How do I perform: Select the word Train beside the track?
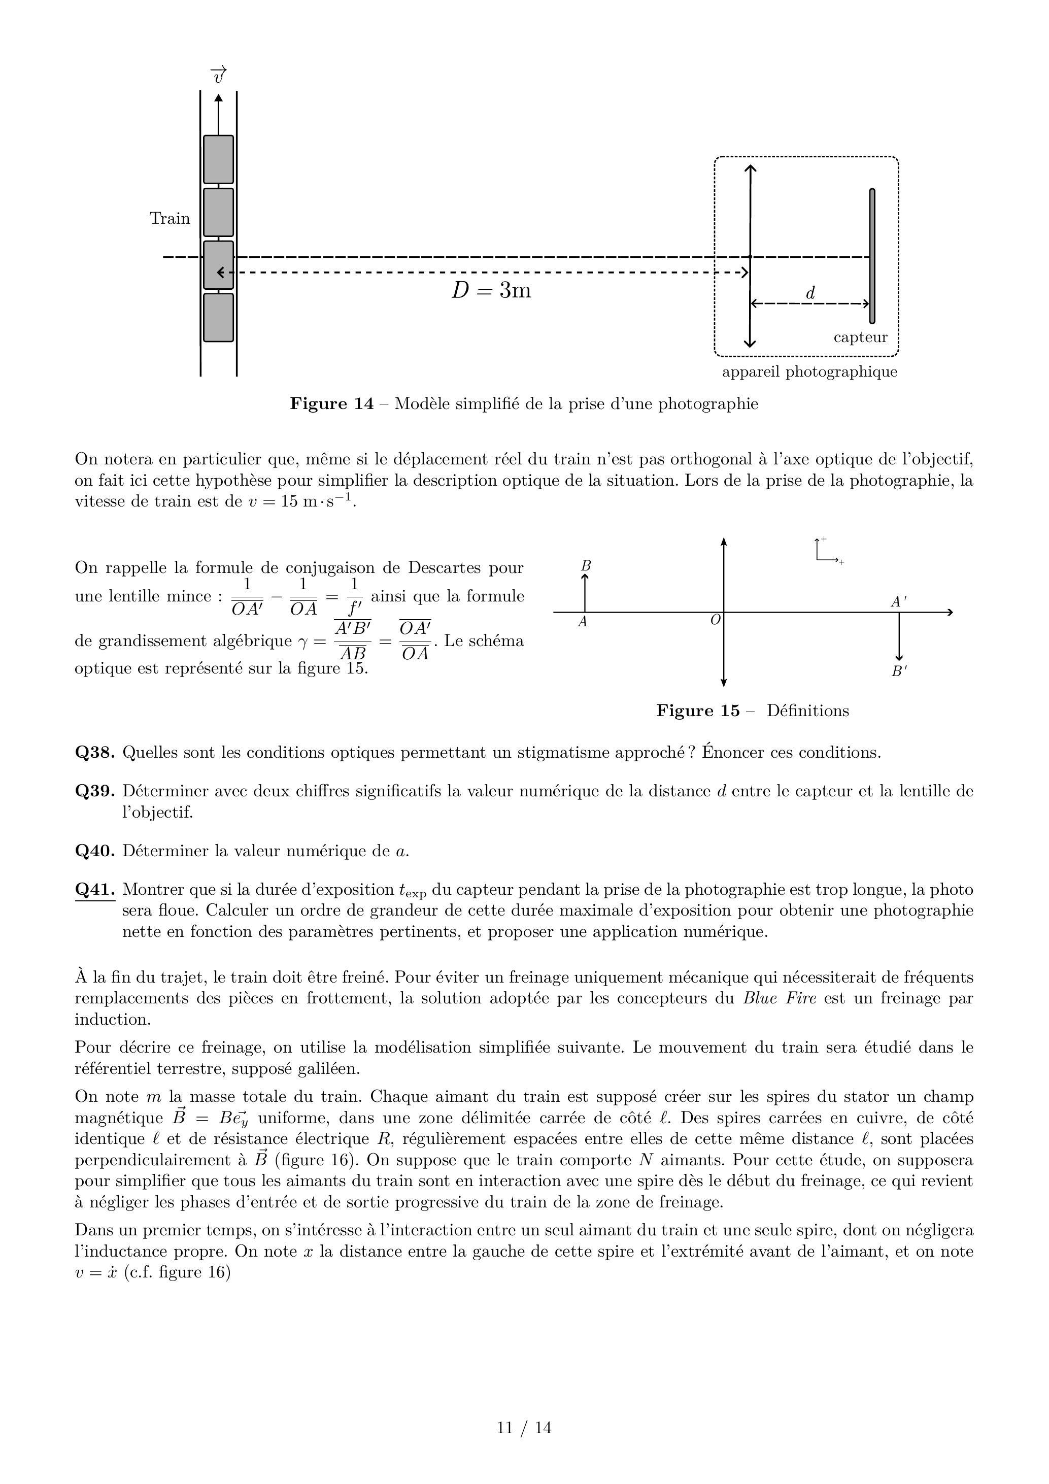(x=170, y=218)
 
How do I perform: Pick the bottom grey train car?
(x=218, y=317)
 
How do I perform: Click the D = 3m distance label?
(x=491, y=291)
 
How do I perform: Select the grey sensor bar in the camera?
(x=872, y=256)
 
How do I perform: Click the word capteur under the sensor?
(x=860, y=338)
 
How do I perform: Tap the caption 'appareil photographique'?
(x=809, y=372)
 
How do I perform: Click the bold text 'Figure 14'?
(x=331, y=404)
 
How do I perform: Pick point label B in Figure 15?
(x=586, y=566)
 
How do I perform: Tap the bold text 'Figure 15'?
(x=698, y=711)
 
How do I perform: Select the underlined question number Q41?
(x=95, y=890)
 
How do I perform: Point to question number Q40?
(x=95, y=851)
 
